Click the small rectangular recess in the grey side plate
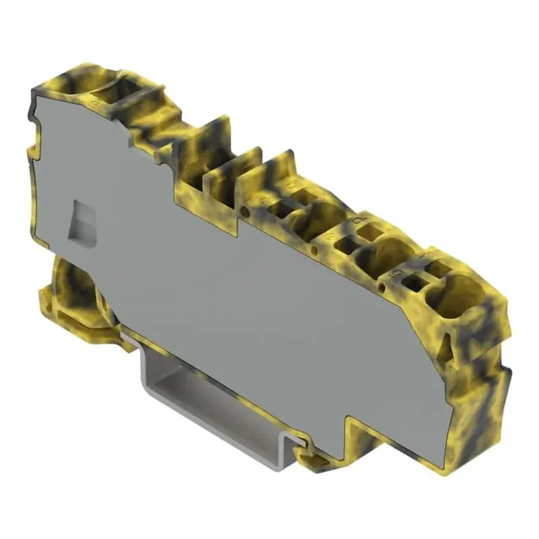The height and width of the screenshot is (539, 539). point(82,223)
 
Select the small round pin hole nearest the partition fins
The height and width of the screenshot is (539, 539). point(245,209)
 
